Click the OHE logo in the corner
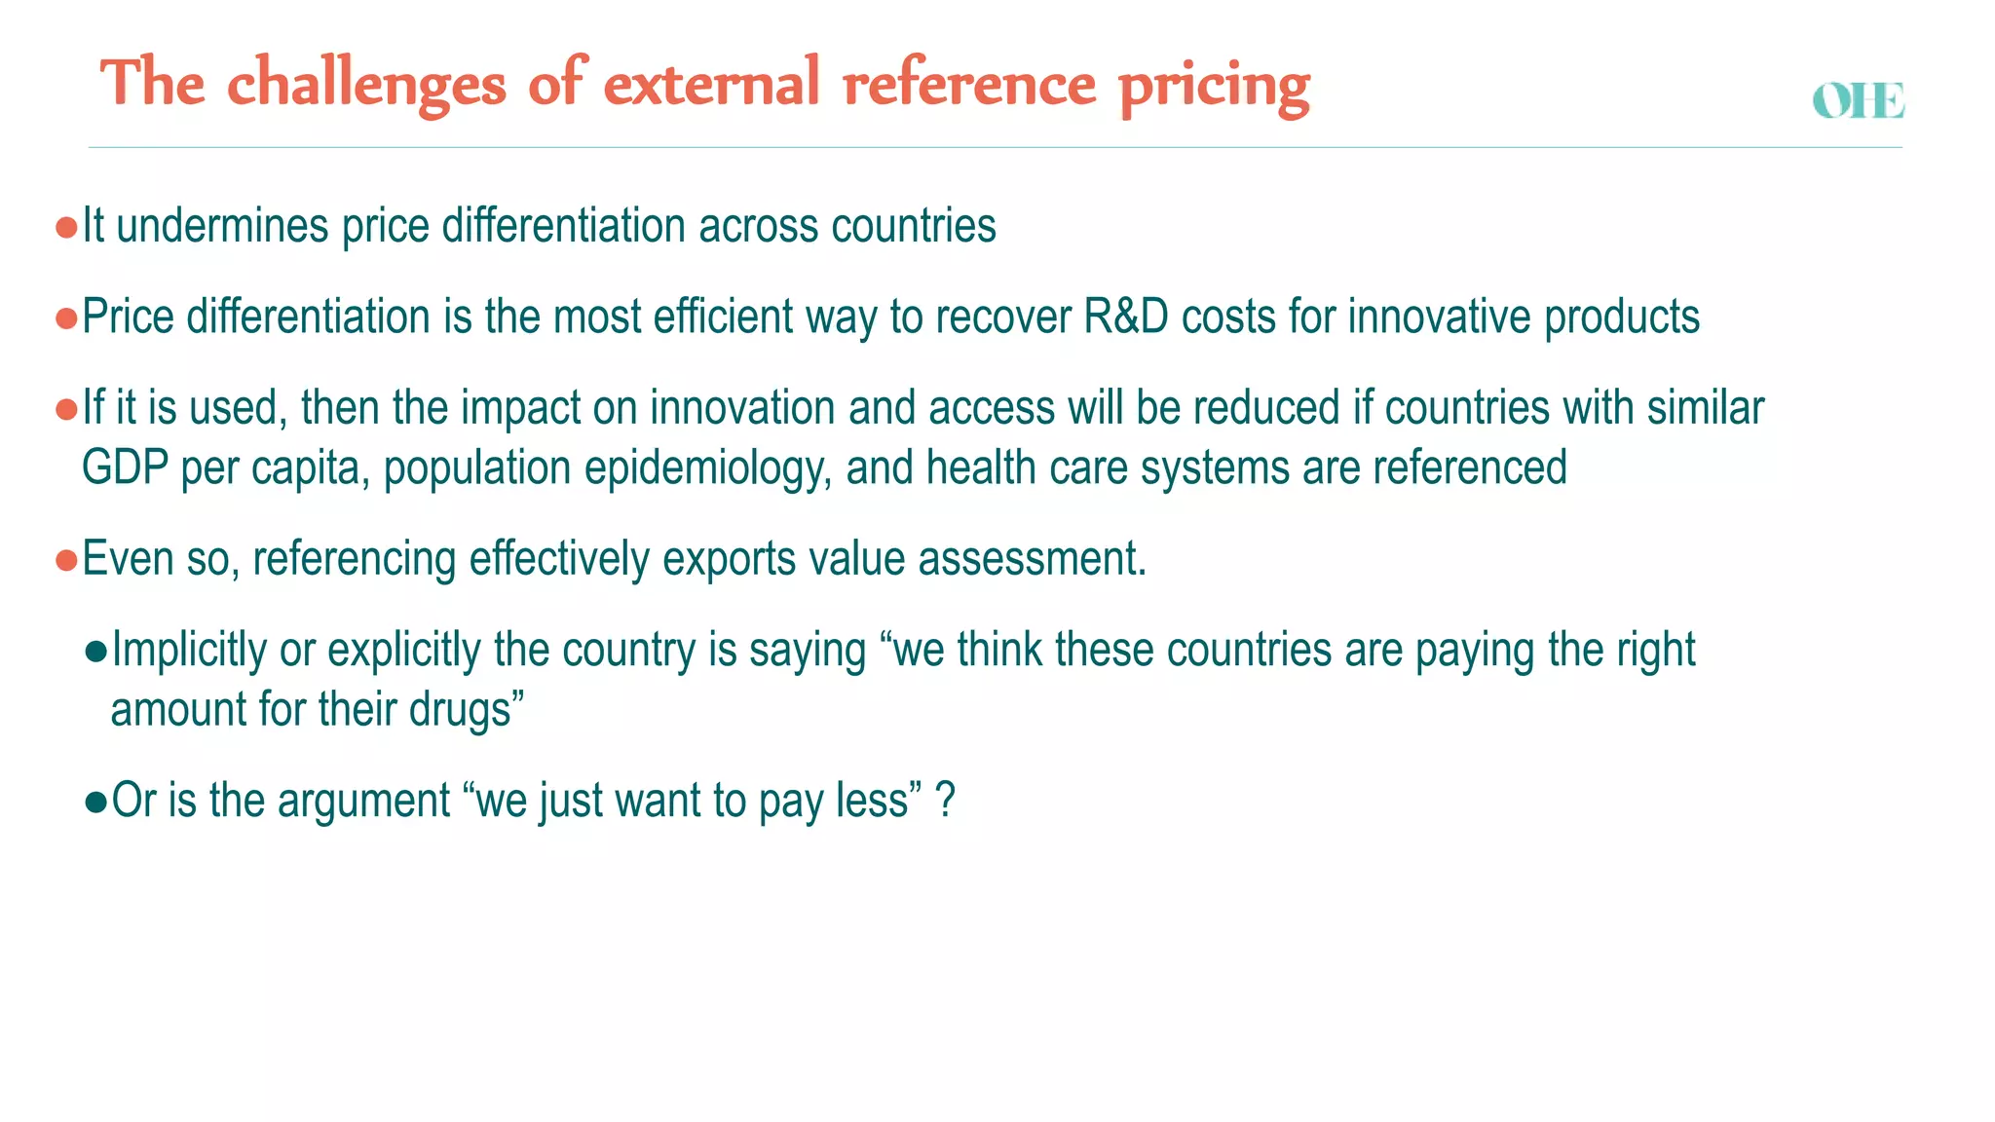pyautogui.click(x=1858, y=101)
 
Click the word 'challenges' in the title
pyautogui.click(x=366, y=83)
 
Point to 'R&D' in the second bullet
pyautogui.click(x=1125, y=318)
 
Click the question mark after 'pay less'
pyautogui.click(x=945, y=801)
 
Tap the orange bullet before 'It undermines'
pyautogui.click(x=66, y=228)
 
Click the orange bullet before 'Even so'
pyautogui.click(x=66, y=561)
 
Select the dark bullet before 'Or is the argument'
pyautogui.click(x=95, y=803)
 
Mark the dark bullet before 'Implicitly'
pyautogui.click(x=95, y=653)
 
